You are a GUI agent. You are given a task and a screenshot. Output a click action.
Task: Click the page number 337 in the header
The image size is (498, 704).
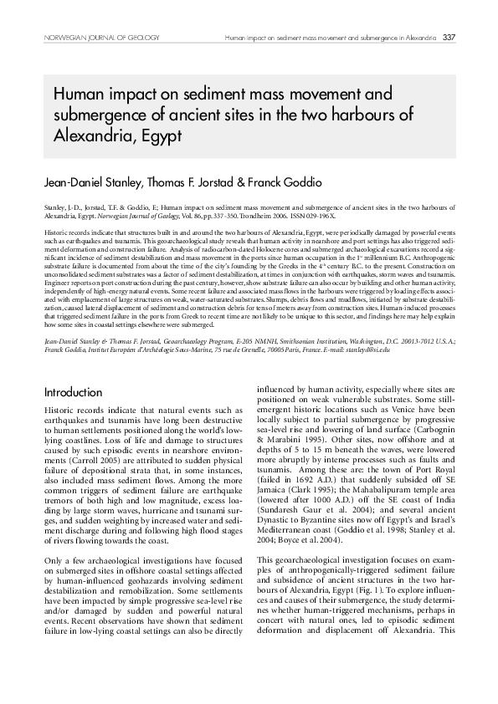click(x=449, y=37)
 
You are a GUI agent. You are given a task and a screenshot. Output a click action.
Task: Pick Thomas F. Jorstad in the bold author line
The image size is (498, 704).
click(x=184, y=181)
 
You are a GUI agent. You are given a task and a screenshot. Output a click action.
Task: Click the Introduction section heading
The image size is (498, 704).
click(x=74, y=392)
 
